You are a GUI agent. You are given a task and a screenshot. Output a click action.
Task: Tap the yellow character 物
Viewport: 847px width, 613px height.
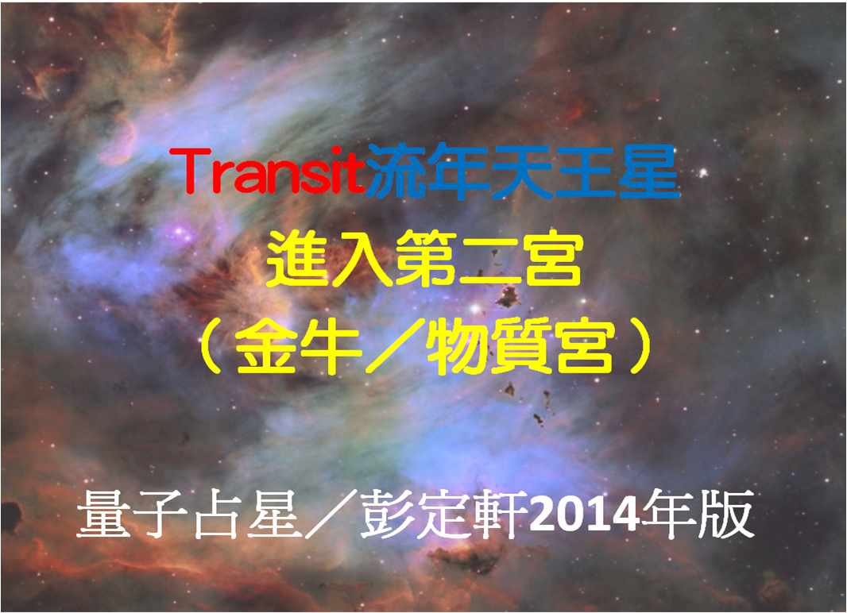[456, 346]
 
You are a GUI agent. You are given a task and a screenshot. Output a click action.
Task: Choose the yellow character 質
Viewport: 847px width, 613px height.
[520, 346]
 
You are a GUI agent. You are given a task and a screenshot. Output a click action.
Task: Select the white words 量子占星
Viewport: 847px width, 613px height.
[188, 514]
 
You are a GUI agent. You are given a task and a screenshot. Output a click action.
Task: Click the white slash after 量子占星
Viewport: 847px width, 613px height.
[331, 514]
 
